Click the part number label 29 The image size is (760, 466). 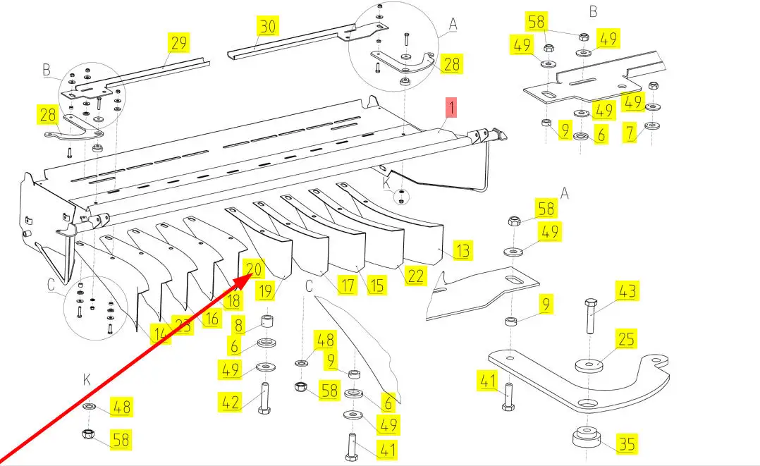click(x=178, y=43)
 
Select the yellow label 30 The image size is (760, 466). click(x=268, y=27)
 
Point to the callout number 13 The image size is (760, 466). click(x=462, y=250)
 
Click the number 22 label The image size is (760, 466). click(x=416, y=276)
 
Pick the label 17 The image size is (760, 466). click(x=347, y=286)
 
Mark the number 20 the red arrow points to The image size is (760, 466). click(x=254, y=269)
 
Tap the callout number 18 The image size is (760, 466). click(x=232, y=301)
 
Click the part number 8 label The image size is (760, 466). click(x=238, y=326)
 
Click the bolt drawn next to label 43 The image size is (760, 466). click(x=591, y=317)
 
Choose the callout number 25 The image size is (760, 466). click(x=625, y=341)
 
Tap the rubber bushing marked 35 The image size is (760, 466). click(x=587, y=439)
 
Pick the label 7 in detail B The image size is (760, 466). click(x=630, y=132)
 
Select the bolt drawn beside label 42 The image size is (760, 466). click(x=266, y=400)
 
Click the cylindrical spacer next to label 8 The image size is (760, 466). click(x=268, y=324)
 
